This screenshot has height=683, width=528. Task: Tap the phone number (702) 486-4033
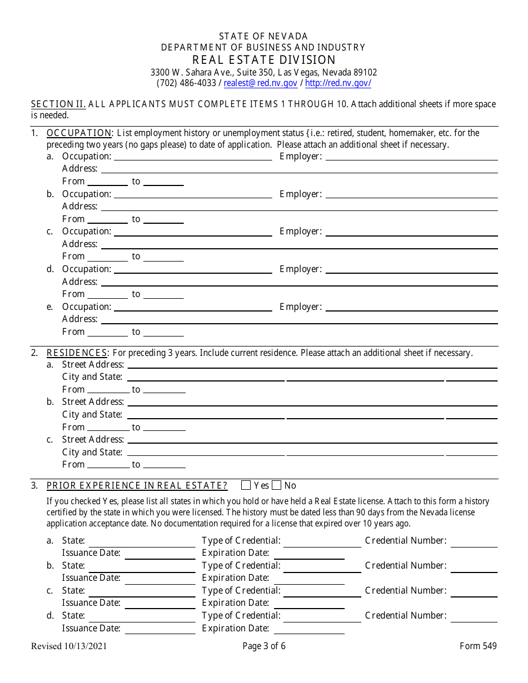[x=186, y=83]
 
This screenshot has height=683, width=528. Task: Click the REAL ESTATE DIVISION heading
[x=264, y=60]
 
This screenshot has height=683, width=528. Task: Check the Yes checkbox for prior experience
[x=246, y=485]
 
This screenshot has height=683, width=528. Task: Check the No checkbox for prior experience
[x=277, y=485]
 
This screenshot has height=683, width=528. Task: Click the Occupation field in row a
[x=192, y=157]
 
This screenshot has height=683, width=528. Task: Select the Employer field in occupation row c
[x=411, y=232]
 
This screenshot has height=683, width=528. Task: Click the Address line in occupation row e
[x=299, y=319]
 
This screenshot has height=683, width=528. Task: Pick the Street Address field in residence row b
[x=312, y=402]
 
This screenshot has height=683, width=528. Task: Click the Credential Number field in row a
[x=474, y=541]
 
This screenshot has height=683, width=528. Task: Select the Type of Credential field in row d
[x=322, y=616]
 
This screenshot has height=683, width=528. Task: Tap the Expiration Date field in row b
[x=309, y=579]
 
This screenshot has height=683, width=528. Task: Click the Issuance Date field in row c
[x=160, y=604]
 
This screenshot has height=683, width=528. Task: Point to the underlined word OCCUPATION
[x=79, y=133]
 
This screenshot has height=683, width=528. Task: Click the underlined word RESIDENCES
[x=77, y=353]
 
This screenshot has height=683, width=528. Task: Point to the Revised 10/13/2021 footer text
[x=69, y=646]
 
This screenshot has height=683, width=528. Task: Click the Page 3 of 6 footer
[x=264, y=646]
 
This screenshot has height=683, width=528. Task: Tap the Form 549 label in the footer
[x=478, y=646]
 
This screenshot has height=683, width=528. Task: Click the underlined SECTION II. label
[x=58, y=104]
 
